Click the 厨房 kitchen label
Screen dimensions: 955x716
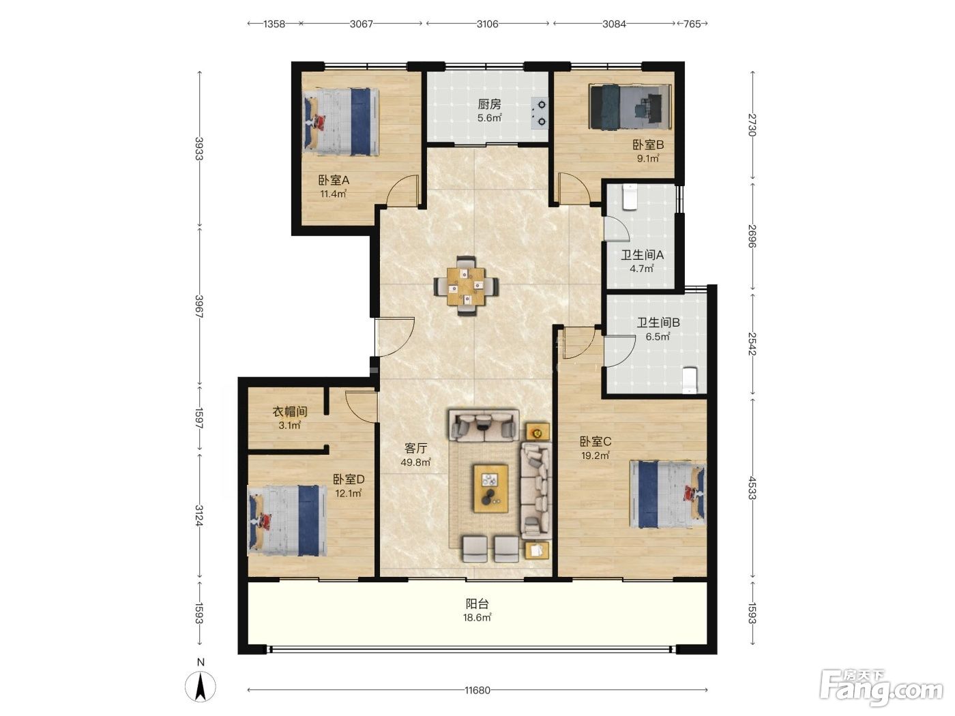(x=489, y=104)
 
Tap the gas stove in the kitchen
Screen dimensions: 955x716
(x=540, y=113)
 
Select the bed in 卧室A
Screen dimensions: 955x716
(x=340, y=122)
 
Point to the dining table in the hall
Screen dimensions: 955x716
(x=466, y=286)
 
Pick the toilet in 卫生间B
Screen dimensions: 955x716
(x=690, y=381)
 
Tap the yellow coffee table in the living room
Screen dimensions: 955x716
(x=490, y=488)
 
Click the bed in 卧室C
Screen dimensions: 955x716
(x=668, y=494)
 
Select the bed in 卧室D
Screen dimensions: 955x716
(x=286, y=520)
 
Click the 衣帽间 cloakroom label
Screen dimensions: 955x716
(x=290, y=411)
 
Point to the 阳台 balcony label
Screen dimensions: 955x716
(x=477, y=603)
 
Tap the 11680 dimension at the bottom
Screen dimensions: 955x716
(x=477, y=690)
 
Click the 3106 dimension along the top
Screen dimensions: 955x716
(x=487, y=24)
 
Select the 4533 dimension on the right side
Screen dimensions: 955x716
(x=752, y=488)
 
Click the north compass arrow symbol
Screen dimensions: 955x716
(x=200, y=687)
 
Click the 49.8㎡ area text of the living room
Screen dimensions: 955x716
(x=415, y=462)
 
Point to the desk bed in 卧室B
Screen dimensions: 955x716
(x=630, y=107)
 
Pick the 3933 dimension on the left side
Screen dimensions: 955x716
(x=199, y=148)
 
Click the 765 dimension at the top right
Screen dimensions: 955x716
(x=692, y=24)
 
